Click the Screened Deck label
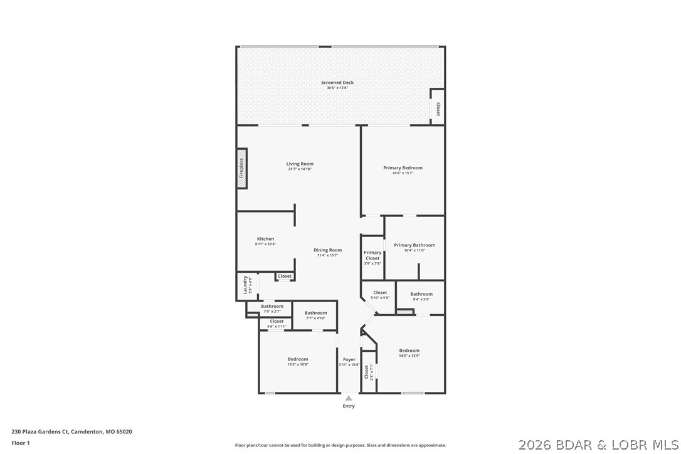tap(337, 83)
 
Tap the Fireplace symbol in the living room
tap(241, 168)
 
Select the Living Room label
tap(300, 164)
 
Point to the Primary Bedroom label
tap(403, 167)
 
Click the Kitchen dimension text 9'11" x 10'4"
tap(265, 244)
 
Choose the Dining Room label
tap(327, 250)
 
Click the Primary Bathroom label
tap(414, 245)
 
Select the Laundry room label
tap(245, 285)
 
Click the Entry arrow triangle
tap(349, 398)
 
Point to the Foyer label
tap(349, 360)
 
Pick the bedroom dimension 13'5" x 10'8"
tap(298, 364)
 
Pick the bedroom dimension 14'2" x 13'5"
tap(409, 356)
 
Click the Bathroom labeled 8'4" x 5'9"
tap(421, 294)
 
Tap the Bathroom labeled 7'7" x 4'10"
tap(315, 313)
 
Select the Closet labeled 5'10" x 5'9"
tap(380, 293)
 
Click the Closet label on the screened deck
tap(438, 108)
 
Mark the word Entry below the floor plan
tap(349, 406)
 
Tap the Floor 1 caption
tap(21, 443)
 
